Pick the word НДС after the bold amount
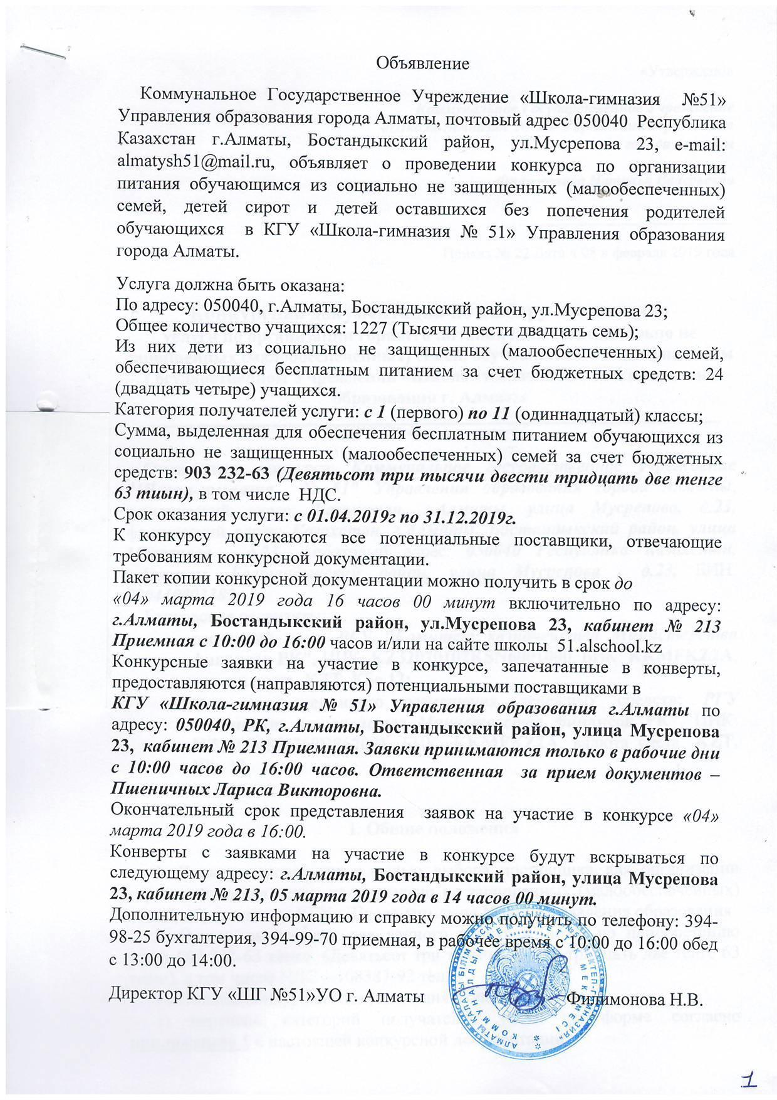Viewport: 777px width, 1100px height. [325, 495]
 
